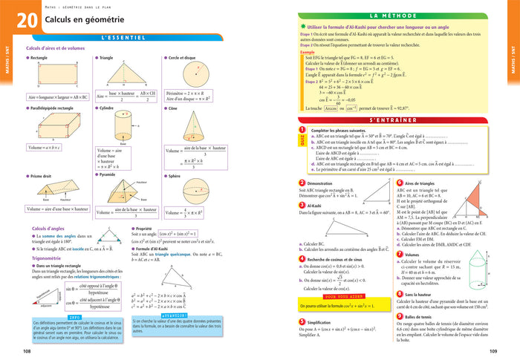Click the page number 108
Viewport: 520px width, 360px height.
tap(27, 352)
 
